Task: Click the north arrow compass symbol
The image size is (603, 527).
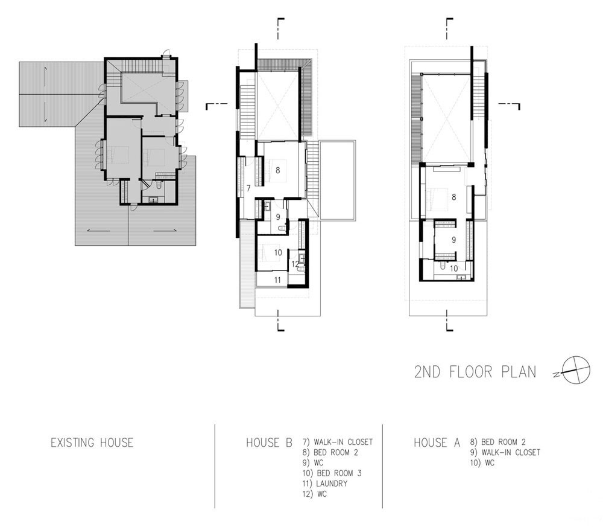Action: coord(576,370)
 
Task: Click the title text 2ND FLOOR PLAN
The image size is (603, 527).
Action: coord(475,372)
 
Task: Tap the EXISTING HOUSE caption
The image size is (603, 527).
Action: coord(92,442)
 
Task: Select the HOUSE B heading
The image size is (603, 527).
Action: coord(269,442)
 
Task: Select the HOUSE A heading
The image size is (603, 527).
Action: coord(437,442)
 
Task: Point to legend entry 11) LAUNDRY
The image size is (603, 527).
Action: coord(325,484)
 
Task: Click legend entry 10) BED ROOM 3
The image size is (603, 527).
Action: coord(332,473)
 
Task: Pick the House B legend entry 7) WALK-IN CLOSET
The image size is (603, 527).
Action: coord(338,442)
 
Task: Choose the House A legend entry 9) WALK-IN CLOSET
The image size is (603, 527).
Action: coord(505,452)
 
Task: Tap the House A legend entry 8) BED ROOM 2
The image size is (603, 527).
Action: coord(497,442)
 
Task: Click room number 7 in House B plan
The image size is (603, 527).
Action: coord(248,188)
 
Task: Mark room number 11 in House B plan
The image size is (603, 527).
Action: coord(277,280)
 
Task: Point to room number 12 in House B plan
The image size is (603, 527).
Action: coord(295,264)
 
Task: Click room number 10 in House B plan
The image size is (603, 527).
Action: coord(278,252)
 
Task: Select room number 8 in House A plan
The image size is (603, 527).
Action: coord(454,197)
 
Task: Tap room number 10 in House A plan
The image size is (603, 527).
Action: coord(454,268)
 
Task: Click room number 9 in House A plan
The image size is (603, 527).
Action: coord(454,240)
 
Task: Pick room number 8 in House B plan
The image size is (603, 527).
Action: coord(277,170)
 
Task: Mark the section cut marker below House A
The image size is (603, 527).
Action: coord(449,321)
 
